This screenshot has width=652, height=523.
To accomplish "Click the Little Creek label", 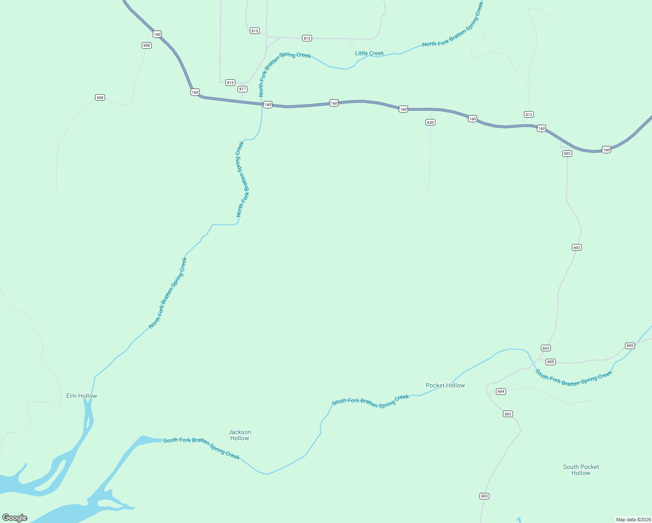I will click(369, 53).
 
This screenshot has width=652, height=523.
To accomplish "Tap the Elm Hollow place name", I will click(81, 396).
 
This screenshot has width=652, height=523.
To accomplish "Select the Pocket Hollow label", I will click(445, 385).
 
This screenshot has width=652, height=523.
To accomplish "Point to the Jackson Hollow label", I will click(240, 435).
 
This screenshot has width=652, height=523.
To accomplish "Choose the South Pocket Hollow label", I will click(581, 470).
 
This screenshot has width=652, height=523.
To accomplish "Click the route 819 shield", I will click(230, 83).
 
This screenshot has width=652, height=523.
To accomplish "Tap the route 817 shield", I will click(242, 89).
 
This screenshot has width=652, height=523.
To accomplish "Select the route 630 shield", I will click(430, 122).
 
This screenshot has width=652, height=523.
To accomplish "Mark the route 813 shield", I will click(529, 115).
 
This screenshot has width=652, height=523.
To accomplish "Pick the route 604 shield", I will click(501, 391).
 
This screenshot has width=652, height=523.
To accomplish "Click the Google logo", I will click(15, 518).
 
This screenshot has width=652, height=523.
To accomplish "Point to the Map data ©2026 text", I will click(633, 520).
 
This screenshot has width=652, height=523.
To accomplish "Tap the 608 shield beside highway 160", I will click(146, 45).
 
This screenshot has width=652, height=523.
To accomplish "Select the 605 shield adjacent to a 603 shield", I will click(550, 362).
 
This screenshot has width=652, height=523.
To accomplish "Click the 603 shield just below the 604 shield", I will click(508, 414).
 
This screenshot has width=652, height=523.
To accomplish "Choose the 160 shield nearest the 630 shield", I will click(403, 109).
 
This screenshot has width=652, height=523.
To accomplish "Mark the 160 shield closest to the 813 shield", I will click(541, 128).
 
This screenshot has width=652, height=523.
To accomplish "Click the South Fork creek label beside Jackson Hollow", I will click(201, 448).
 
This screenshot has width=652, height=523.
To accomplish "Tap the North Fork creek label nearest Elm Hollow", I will click(168, 293).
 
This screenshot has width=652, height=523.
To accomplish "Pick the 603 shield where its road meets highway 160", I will click(567, 153).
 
